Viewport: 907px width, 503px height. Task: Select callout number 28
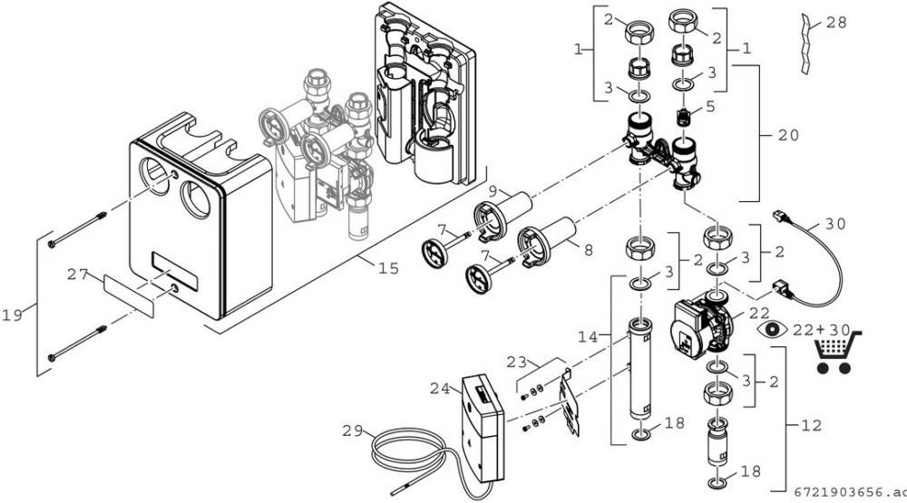(837, 22)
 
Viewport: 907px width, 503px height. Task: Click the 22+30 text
(819, 328)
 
